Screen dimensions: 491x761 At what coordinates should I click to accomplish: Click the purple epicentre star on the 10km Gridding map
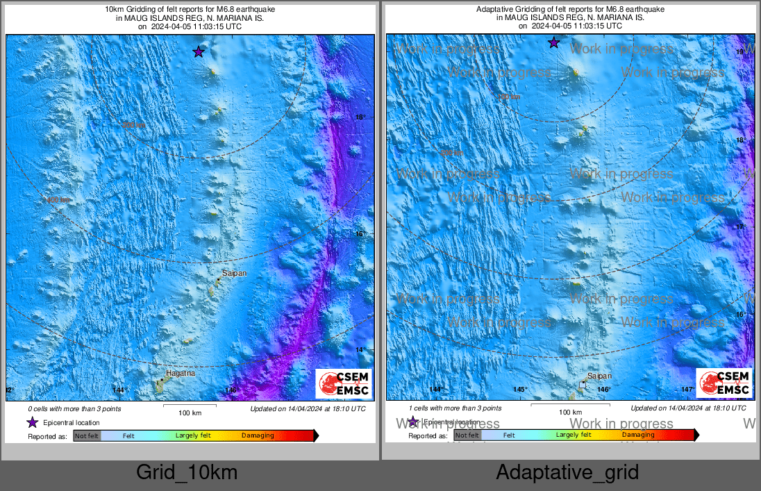pyautogui.click(x=199, y=51)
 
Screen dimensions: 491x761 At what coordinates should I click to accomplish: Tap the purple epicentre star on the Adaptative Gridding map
pyautogui.click(x=553, y=42)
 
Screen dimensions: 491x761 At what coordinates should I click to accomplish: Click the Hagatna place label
pyautogui.click(x=180, y=373)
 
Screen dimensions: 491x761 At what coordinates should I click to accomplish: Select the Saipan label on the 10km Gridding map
pyautogui.click(x=234, y=273)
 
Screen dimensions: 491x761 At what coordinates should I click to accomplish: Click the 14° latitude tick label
pyautogui.click(x=360, y=350)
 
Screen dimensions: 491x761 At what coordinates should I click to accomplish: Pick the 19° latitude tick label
pyautogui.click(x=741, y=52)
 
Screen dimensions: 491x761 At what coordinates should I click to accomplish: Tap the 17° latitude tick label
pyautogui.click(x=741, y=227)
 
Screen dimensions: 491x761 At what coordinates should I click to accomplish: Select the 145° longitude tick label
pyautogui.click(x=520, y=390)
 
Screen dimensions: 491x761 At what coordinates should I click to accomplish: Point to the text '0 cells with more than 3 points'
pyautogui.click(x=74, y=408)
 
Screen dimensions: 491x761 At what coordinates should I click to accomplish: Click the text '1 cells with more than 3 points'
pyautogui.click(x=455, y=408)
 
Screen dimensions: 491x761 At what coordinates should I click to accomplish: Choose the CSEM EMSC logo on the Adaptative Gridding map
pyautogui.click(x=724, y=383)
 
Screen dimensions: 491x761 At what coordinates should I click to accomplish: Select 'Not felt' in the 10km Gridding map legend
pyautogui.click(x=87, y=436)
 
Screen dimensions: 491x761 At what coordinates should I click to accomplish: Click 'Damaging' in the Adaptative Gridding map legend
pyautogui.click(x=638, y=435)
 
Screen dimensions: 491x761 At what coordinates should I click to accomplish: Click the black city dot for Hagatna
pyautogui.click(x=162, y=379)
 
